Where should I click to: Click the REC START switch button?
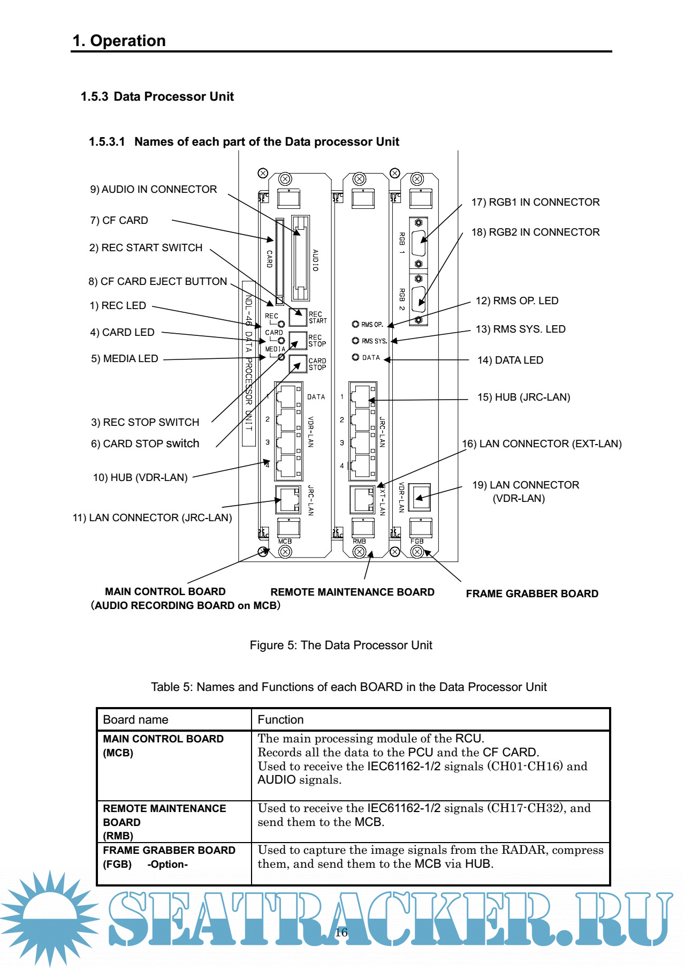click(298, 317)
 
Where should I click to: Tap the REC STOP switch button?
click(298, 340)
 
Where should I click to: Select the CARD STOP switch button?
click(298, 364)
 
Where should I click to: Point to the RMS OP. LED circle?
click(355, 324)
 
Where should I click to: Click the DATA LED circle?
click(355, 357)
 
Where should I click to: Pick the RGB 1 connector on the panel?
click(419, 243)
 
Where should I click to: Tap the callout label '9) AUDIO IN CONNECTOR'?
click(154, 190)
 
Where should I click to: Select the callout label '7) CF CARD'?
click(119, 221)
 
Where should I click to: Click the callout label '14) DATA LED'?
click(510, 360)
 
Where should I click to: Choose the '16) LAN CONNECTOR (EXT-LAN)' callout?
click(542, 444)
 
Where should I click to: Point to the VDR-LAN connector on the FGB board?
click(419, 498)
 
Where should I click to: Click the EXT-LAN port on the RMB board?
click(362, 499)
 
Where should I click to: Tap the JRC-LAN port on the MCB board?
click(288, 499)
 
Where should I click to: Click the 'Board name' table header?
click(135, 720)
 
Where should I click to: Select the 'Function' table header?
click(280, 720)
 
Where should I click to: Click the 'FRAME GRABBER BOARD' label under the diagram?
click(532, 594)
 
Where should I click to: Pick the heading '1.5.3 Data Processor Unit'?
click(157, 97)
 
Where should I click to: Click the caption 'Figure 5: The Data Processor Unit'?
click(341, 645)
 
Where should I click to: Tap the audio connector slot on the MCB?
click(300, 258)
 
